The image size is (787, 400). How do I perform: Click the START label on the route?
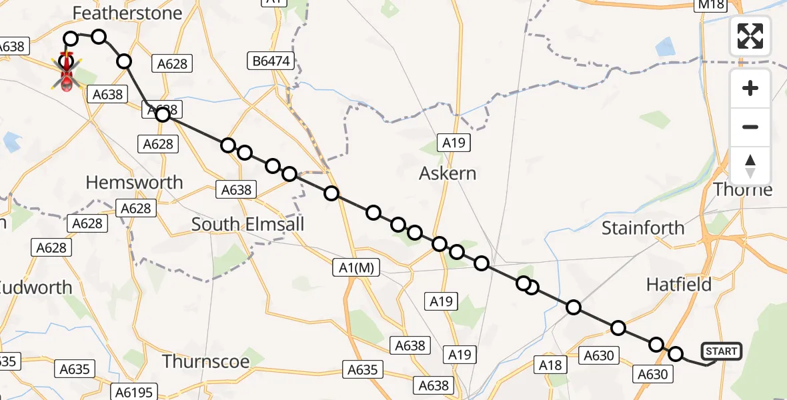[721, 351]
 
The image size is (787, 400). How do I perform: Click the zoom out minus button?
[750, 127]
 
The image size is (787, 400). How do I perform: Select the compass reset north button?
[750, 166]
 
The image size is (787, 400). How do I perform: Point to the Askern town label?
[448, 174]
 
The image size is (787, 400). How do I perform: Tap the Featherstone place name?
[127, 13]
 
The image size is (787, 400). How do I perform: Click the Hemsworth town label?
[135, 182]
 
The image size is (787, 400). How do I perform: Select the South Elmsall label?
[247, 224]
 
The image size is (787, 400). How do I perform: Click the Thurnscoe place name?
[206, 362]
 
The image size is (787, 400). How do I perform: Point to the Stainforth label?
[643, 228]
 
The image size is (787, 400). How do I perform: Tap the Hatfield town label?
[679, 285]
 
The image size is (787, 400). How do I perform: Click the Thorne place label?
[743, 190]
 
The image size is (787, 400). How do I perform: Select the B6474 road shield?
[271, 62]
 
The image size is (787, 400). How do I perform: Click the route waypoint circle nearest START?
[676, 354]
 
